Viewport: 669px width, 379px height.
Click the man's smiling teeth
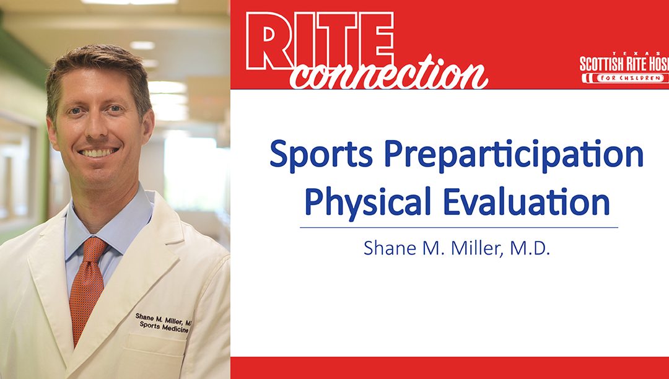pyautogui.click(x=99, y=151)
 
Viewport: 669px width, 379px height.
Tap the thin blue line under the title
pyautogui.click(x=458, y=227)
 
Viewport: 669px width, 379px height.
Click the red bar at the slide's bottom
pyautogui.click(x=449, y=368)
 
